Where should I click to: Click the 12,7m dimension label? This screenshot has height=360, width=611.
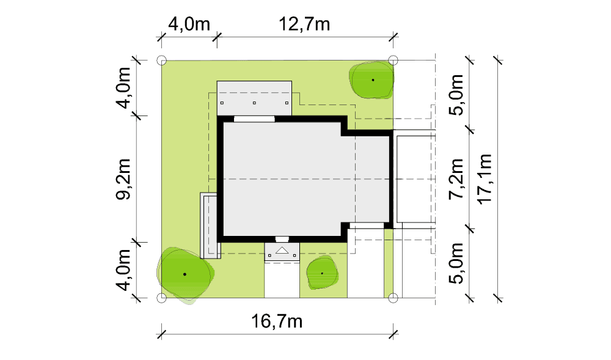[x=304, y=24]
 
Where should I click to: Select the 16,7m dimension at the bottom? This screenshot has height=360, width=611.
[x=277, y=321]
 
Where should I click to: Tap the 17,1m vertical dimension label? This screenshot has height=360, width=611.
[x=485, y=179]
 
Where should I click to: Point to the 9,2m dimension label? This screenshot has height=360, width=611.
[x=123, y=179]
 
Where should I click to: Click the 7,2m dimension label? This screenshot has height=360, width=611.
[x=456, y=179]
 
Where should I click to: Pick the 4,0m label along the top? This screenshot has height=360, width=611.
[x=189, y=24]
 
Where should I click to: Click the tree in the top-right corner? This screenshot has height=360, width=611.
[x=371, y=79]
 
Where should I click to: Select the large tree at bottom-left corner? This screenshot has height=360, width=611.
[x=185, y=274]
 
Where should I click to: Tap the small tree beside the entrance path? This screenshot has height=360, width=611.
[x=322, y=273]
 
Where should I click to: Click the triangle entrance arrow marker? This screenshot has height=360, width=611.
[x=282, y=250]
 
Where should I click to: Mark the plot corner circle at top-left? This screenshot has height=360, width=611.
[x=162, y=61]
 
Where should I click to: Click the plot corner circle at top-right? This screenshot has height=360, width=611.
[x=393, y=61]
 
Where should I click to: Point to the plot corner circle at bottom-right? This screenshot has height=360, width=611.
[x=393, y=298]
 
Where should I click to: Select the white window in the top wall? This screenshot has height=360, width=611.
[x=254, y=119]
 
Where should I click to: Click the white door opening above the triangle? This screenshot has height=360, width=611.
[x=282, y=239]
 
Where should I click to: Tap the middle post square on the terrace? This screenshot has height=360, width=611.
[x=254, y=103]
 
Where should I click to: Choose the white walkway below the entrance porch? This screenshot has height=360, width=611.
[x=282, y=280]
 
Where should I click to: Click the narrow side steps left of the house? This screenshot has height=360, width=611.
[x=210, y=226]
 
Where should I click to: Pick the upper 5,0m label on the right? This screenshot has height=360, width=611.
[x=456, y=95]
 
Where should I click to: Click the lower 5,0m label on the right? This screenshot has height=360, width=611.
[x=456, y=263]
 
